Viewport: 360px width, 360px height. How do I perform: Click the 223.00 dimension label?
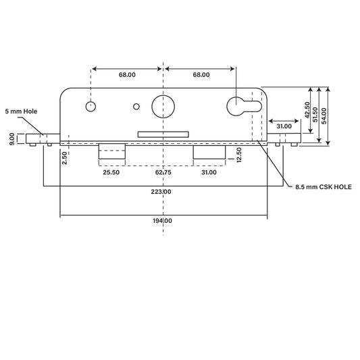[162, 192]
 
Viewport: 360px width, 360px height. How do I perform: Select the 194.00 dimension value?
[162, 221]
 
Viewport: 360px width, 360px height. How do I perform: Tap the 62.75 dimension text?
[162, 173]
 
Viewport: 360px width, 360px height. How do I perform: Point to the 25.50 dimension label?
[111, 173]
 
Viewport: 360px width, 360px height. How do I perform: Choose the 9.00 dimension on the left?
[13, 138]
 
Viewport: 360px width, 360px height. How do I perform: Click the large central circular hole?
[162, 105]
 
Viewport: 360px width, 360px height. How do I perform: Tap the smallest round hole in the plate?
[137, 106]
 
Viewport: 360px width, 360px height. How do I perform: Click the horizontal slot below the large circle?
[162, 134]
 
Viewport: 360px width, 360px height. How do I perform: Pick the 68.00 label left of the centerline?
[125, 75]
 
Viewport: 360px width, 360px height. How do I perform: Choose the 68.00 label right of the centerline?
[201, 75]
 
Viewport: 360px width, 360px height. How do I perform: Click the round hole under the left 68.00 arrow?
[91, 106]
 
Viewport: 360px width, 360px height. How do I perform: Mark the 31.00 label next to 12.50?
[209, 173]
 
